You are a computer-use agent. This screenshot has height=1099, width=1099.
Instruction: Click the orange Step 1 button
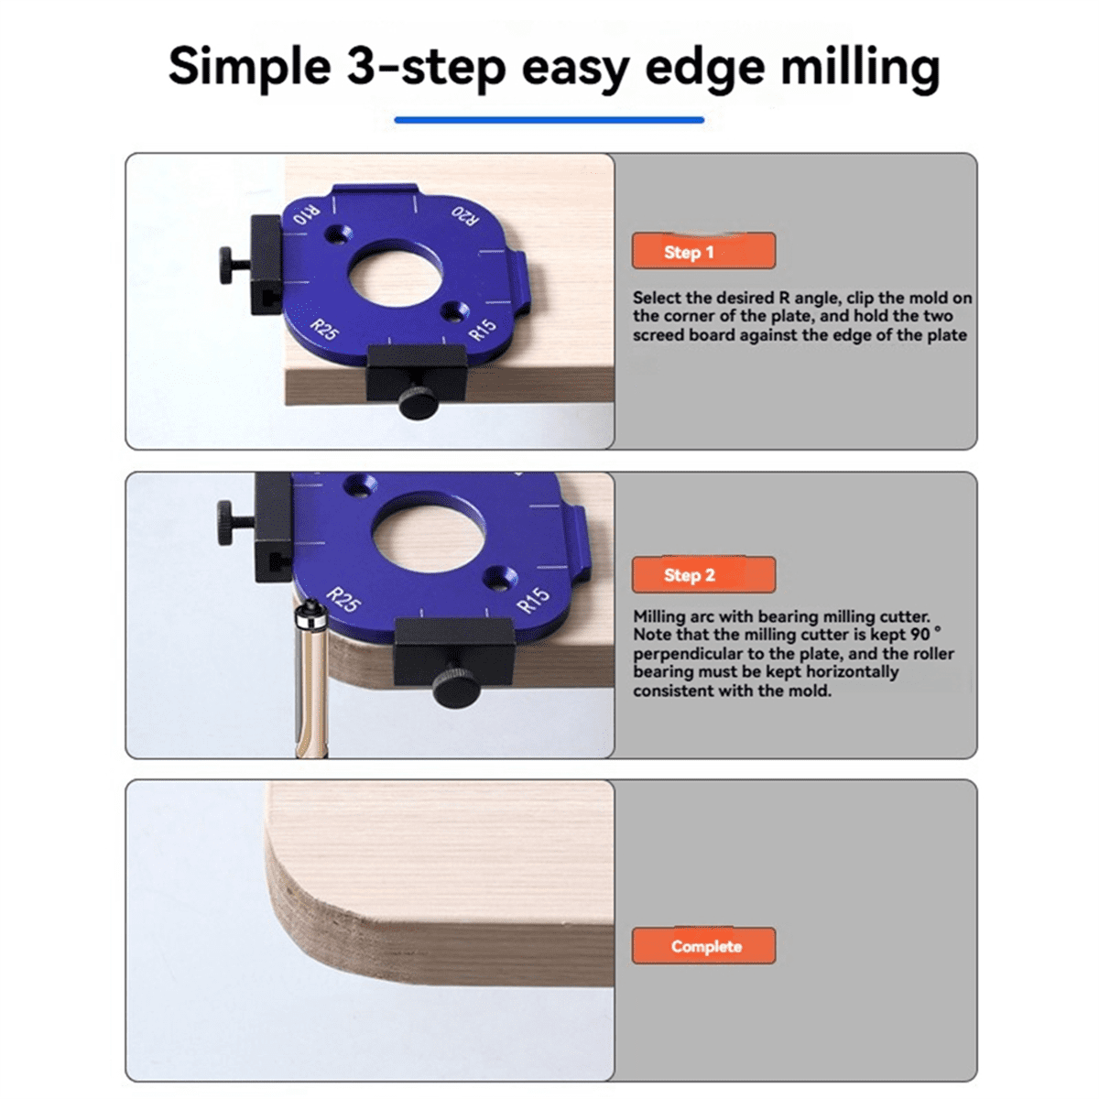(703, 251)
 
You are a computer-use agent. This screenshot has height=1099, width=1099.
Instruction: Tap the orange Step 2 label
(703, 575)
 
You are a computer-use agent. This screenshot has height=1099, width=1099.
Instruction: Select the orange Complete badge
(703, 946)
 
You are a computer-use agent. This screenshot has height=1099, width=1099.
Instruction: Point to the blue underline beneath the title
(549, 119)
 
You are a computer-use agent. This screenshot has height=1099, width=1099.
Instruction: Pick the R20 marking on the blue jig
(465, 216)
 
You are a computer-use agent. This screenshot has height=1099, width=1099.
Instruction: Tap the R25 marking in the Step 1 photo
(324, 330)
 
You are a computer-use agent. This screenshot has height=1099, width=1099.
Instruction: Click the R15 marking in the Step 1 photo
(483, 330)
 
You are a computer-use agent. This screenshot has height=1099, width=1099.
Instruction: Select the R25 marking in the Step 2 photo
(343, 600)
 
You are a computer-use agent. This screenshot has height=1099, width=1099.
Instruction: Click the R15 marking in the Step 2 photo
(534, 600)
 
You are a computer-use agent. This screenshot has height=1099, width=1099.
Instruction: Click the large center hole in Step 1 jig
(396, 273)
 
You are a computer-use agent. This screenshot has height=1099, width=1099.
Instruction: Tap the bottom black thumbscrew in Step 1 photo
(418, 402)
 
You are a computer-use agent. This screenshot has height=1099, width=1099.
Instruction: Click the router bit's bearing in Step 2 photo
(312, 615)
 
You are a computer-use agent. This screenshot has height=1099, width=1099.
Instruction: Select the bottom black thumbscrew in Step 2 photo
(454, 687)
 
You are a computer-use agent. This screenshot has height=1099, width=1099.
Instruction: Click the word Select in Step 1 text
(657, 298)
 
